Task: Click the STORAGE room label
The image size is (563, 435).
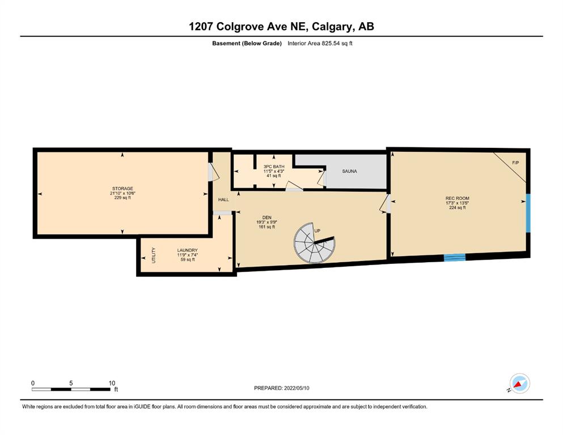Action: point(122,189)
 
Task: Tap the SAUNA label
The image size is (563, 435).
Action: point(349,172)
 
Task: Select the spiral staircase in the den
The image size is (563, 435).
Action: point(315,243)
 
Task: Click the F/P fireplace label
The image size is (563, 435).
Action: point(515,163)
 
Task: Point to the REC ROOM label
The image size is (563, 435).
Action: point(457,198)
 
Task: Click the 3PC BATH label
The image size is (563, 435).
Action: point(274,167)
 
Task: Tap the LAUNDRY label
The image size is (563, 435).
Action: point(187,250)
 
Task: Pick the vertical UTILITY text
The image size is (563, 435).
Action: point(154,255)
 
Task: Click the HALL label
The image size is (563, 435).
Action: point(223,200)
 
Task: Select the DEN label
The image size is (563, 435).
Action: point(267,217)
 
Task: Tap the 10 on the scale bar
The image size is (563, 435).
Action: point(112,383)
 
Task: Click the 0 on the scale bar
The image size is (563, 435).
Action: point(33,383)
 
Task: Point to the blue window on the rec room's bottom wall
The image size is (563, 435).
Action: point(455,257)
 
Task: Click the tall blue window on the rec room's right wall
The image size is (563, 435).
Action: point(528,213)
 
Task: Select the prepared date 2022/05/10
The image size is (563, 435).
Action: point(296,388)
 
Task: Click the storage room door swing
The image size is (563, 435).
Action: point(214,172)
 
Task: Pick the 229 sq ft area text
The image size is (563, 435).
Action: point(122,198)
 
